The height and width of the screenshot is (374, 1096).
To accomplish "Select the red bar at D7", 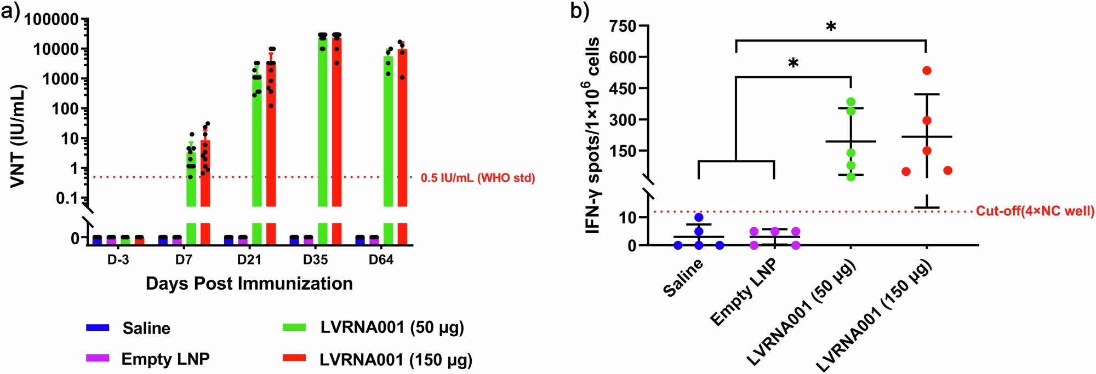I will [205, 175].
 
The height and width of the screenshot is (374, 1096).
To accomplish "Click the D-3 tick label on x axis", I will [118, 260].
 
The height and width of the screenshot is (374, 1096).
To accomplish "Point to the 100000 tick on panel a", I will [52, 20].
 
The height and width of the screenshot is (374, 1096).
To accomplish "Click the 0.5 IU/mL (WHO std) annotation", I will [477, 178].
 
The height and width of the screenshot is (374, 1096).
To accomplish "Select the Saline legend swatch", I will [98, 328].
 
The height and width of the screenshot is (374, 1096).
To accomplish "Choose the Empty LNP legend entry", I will [165, 359].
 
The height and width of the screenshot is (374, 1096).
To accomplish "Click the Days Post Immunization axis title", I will [249, 284].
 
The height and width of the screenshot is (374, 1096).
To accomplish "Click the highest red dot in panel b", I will [927, 71].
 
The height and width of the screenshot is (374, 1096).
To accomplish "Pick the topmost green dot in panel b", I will [851, 102].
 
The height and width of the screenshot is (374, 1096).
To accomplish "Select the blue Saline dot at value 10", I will [699, 217].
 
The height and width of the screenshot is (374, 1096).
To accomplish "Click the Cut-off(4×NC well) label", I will [1035, 211].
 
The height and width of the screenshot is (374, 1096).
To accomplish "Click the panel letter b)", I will [579, 11].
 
